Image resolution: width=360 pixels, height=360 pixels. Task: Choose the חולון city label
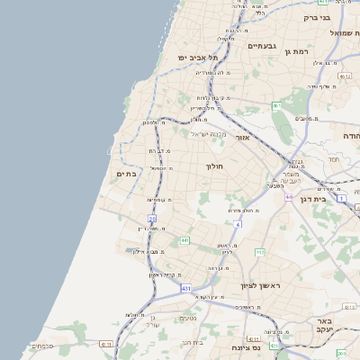214,166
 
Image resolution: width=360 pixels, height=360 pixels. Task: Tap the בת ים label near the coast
127,174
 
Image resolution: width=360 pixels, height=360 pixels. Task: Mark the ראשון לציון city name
261,285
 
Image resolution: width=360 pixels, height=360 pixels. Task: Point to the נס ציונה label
246,347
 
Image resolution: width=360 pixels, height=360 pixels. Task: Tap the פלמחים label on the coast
41,345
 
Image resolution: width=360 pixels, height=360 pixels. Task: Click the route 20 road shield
152,219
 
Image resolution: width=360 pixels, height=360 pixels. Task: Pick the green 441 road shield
184,241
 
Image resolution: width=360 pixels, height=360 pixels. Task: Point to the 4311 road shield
105,343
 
